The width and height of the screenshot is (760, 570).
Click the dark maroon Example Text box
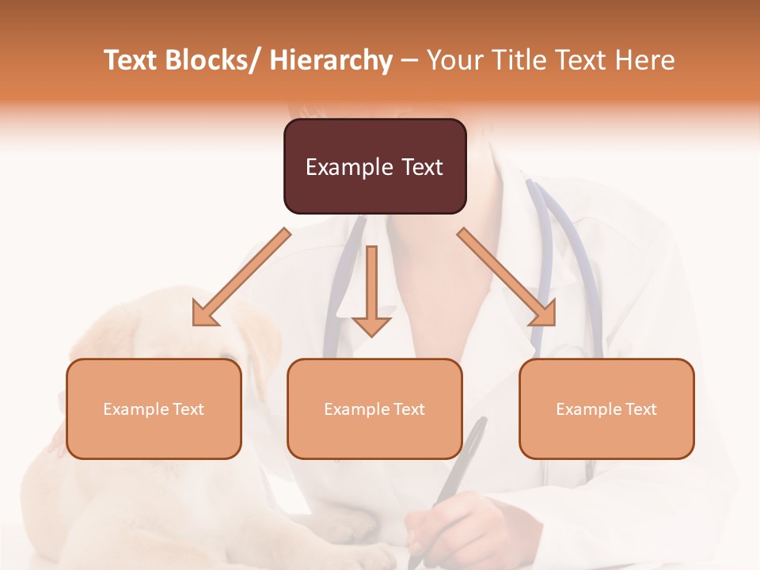tap(374, 166)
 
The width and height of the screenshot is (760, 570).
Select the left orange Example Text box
tap(154, 408)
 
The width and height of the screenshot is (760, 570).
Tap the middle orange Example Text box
tap(374, 408)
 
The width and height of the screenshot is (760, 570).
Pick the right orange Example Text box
tap(606, 408)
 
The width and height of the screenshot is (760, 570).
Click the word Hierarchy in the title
tap(330, 60)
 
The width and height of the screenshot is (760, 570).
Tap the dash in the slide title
tap(409, 60)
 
